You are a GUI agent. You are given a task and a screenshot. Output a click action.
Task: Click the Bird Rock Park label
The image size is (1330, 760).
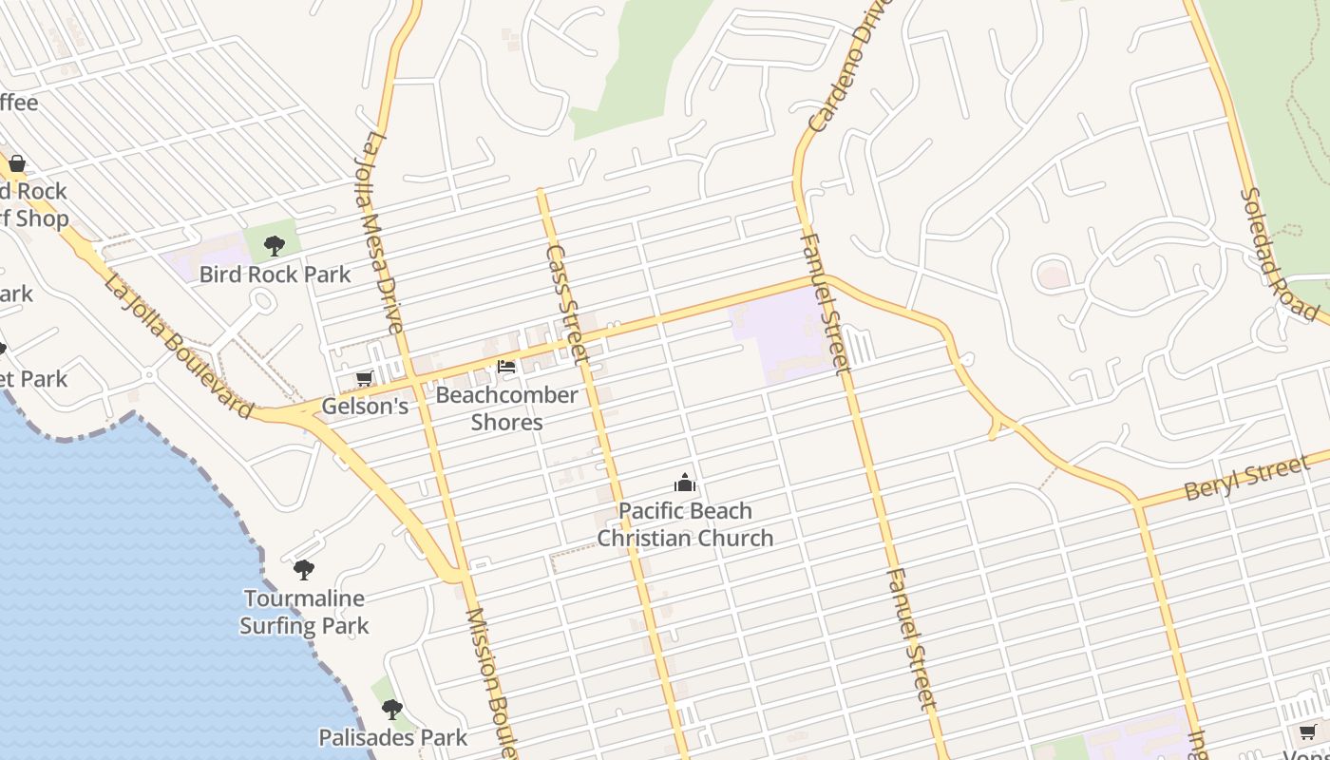(275, 275)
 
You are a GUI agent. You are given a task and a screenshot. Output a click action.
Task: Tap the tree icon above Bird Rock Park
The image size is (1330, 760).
(275, 246)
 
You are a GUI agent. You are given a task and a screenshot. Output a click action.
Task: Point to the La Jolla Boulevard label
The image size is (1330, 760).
(178, 347)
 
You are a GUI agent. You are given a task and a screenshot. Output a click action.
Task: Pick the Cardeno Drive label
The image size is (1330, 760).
(841, 66)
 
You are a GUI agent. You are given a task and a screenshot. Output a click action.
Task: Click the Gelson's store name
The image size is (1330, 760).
(365, 407)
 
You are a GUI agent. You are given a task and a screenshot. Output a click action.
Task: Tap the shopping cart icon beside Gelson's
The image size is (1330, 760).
(364, 380)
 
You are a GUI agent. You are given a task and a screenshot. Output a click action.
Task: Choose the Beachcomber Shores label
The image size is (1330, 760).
(506, 408)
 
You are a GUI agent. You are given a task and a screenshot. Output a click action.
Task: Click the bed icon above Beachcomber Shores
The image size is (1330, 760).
(506, 366)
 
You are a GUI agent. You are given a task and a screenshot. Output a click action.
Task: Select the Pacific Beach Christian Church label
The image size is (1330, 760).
(685, 524)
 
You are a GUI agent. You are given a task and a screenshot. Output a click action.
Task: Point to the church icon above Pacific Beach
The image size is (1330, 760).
(685, 484)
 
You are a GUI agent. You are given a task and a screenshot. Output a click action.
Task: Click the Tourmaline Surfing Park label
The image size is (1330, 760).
(304, 612)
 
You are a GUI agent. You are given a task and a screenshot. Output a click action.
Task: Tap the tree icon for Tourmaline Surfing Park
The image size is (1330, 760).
(304, 570)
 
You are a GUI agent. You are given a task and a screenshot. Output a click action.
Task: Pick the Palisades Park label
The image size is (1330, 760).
(392, 737)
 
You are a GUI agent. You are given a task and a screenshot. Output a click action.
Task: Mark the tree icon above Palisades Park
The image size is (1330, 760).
(391, 710)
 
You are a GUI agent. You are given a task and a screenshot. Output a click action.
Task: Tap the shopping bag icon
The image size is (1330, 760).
(16, 163)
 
